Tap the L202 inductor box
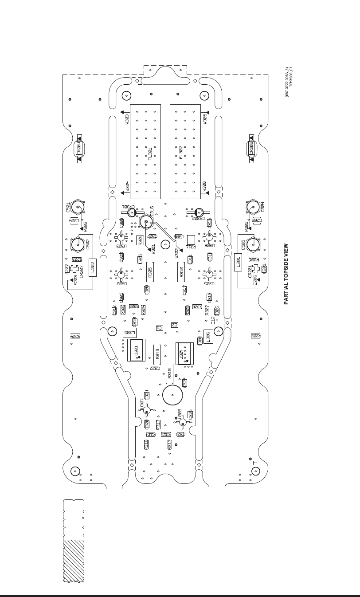[93, 267]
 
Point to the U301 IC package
[137, 350]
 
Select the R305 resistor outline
[150, 272]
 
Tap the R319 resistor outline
[169, 373]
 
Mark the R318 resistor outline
[157, 353]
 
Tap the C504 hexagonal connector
[252, 207]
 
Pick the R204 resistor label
[76, 336]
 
